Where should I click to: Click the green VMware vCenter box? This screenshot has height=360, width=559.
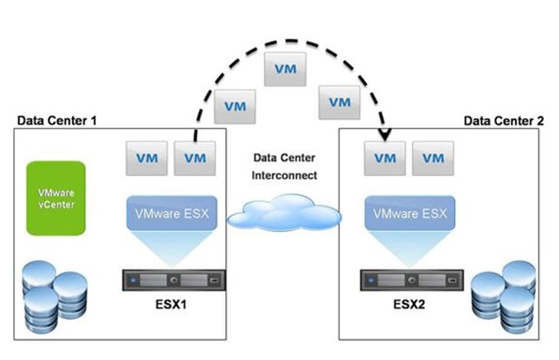click(x=56, y=197)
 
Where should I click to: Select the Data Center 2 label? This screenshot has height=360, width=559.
click(x=503, y=120)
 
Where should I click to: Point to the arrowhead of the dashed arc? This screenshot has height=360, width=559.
click(x=385, y=139)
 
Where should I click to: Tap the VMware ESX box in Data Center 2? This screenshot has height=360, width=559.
click(x=406, y=211)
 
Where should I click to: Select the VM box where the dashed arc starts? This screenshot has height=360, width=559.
click(x=195, y=158)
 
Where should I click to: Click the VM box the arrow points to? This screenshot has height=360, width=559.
click(x=384, y=158)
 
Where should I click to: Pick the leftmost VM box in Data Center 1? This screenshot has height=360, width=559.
click(x=147, y=158)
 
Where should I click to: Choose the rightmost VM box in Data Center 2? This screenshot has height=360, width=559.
click(x=433, y=158)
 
